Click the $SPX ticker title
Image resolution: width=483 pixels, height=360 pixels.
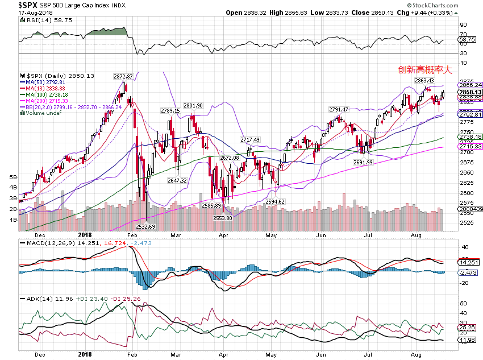point(28,5)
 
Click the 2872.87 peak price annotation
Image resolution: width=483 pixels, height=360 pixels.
point(123,76)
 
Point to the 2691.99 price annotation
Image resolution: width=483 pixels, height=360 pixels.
point(363,162)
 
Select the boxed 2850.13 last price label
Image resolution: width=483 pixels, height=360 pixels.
point(470,92)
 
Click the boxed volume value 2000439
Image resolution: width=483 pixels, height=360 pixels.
point(470,209)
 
